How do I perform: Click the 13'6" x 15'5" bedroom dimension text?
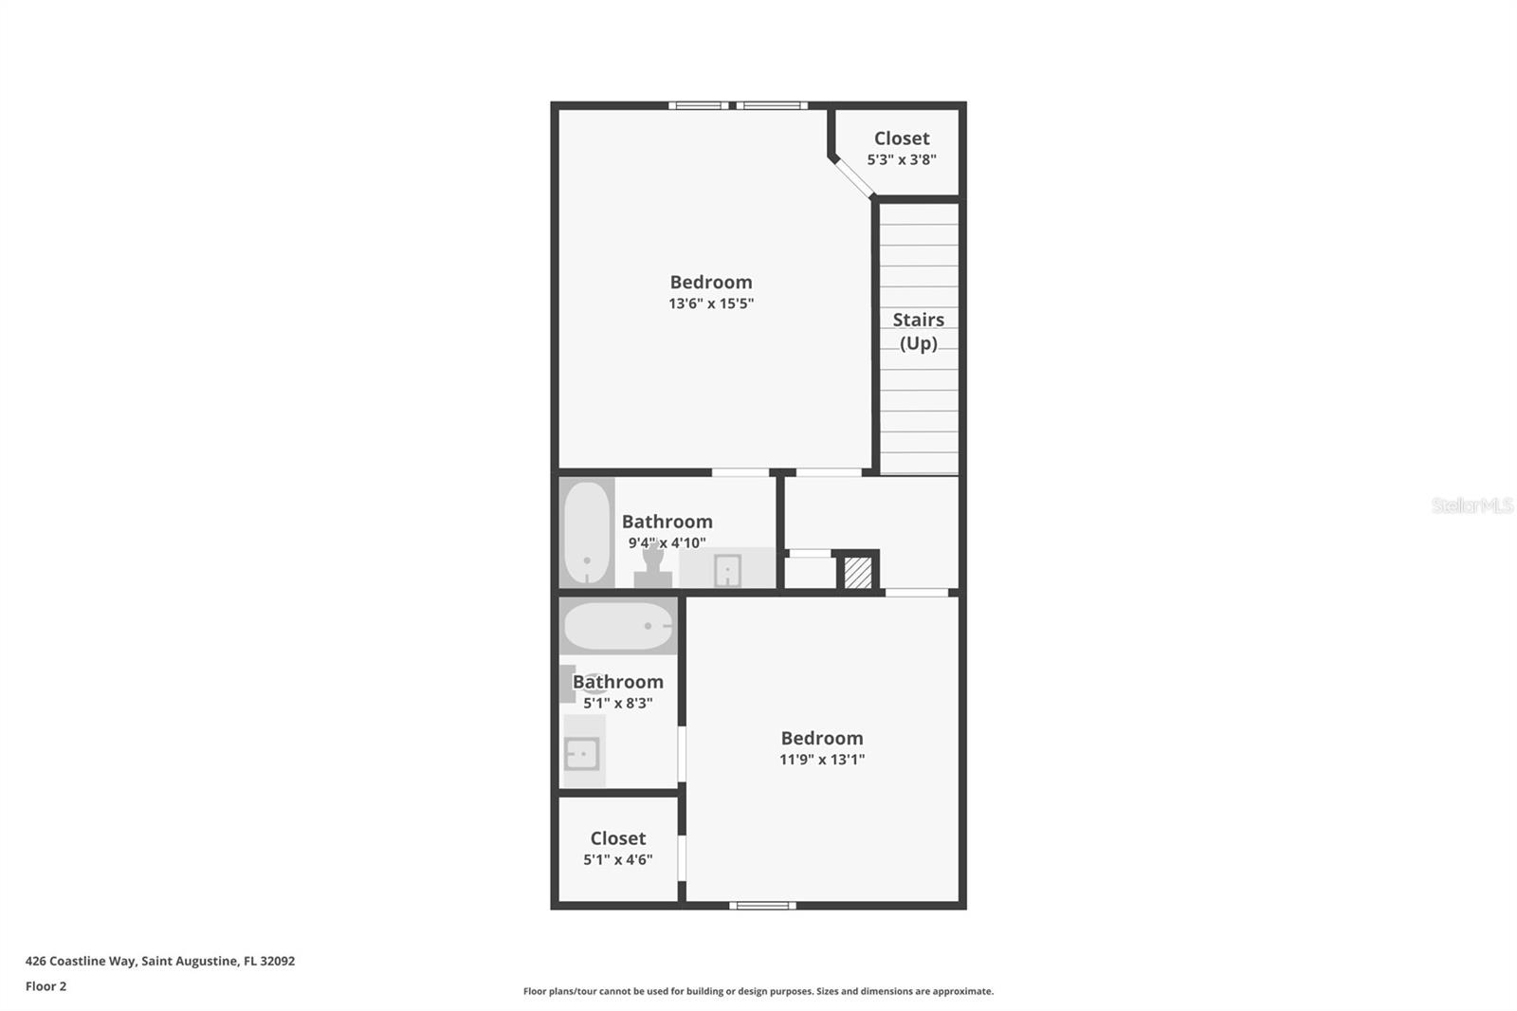[x=711, y=303]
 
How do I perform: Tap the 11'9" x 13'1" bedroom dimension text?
[x=822, y=759]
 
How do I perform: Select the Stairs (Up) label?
[x=919, y=331]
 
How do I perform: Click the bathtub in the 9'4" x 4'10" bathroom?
[x=587, y=533]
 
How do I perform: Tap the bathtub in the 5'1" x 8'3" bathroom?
[x=618, y=626]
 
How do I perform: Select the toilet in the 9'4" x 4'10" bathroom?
[x=653, y=566]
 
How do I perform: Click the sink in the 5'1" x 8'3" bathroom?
[x=582, y=753]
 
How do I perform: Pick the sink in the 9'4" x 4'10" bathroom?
[x=728, y=570]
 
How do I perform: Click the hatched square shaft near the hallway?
[x=858, y=573]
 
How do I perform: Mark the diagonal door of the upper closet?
[x=852, y=177]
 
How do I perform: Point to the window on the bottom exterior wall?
[x=762, y=906]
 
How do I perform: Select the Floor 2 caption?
[x=46, y=986]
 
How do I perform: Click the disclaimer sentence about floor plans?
[x=758, y=991]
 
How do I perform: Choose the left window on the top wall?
[x=698, y=105]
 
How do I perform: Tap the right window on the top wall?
[x=772, y=105]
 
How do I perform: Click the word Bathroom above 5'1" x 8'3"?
[x=617, y=682]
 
